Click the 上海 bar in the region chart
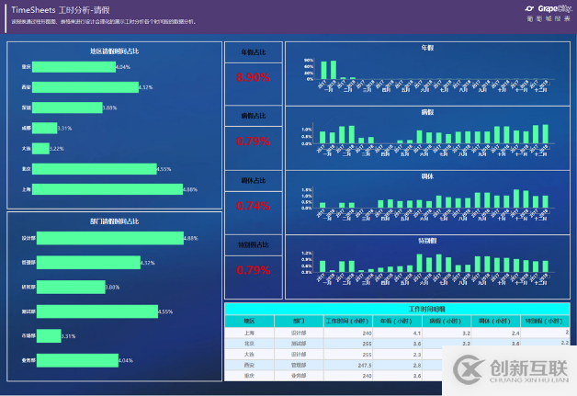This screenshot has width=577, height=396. click(x=102, y=189)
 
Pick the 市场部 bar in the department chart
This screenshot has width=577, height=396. click(x=49, y=336)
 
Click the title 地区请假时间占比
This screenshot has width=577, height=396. click(x=115, y=51)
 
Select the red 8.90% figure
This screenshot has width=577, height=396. click(x=253, y=78)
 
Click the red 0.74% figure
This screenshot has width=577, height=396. click(x=253, y=206)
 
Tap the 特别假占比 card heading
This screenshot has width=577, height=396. click(x=253, y=245)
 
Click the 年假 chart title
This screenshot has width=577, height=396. click(x=427, y=47)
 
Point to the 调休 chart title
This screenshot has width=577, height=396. click(x=427, y=175)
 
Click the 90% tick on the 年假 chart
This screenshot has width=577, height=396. click(x=309, y=60)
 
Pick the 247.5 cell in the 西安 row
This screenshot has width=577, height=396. click(x=362, y=364)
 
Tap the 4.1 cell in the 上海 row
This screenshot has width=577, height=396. click(x=416, y=332)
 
